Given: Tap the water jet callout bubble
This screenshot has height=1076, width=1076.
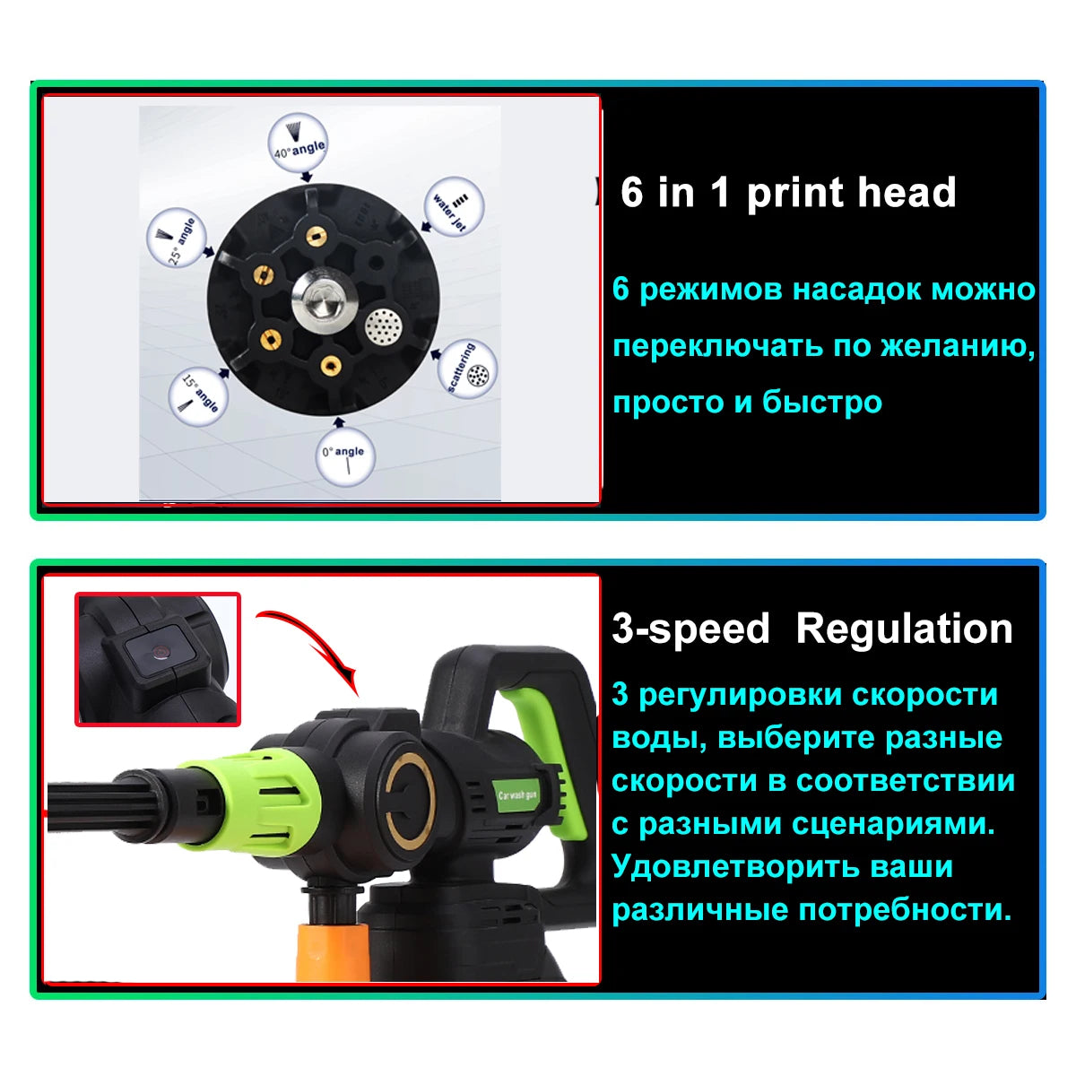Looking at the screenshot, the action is pos(454,206).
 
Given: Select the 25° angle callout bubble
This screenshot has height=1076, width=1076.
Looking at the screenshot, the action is pos(177,238).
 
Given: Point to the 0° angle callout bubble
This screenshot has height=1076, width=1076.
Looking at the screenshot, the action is pos(346,456).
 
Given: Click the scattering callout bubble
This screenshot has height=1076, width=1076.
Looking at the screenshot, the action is pos(467,369).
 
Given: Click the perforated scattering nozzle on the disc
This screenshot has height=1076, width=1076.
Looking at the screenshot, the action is pos(384,325).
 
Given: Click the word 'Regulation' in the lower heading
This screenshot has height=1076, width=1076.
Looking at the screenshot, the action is pos(904,629).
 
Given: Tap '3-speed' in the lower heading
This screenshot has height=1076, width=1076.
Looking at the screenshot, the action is pos(690,629).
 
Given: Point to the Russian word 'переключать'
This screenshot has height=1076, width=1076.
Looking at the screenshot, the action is pos(718,347).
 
